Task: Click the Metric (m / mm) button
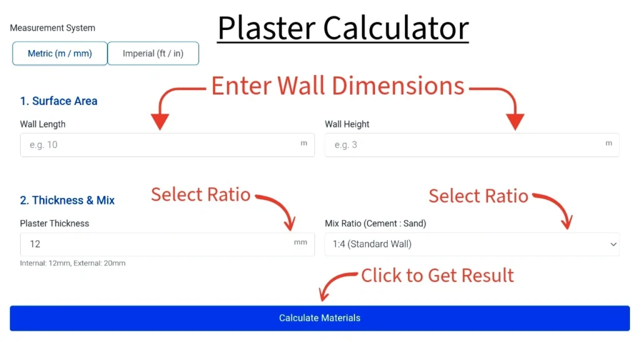(60, 54)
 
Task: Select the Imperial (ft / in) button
(153, 54)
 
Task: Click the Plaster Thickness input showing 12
(156, 244)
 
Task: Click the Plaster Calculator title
(343, 28)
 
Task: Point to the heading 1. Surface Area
(59, 101)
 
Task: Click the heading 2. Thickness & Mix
(67, 201)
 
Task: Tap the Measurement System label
(52, 28)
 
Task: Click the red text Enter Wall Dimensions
(337, 86)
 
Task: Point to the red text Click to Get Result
(437, 276)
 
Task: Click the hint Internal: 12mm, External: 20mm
(72, 264)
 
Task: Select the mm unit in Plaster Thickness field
(301, 242)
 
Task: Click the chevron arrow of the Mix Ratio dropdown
(613, 244)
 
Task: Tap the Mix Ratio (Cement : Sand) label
(375, 224)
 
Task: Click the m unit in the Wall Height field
(609, 143)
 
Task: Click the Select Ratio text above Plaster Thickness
(201, 195)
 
